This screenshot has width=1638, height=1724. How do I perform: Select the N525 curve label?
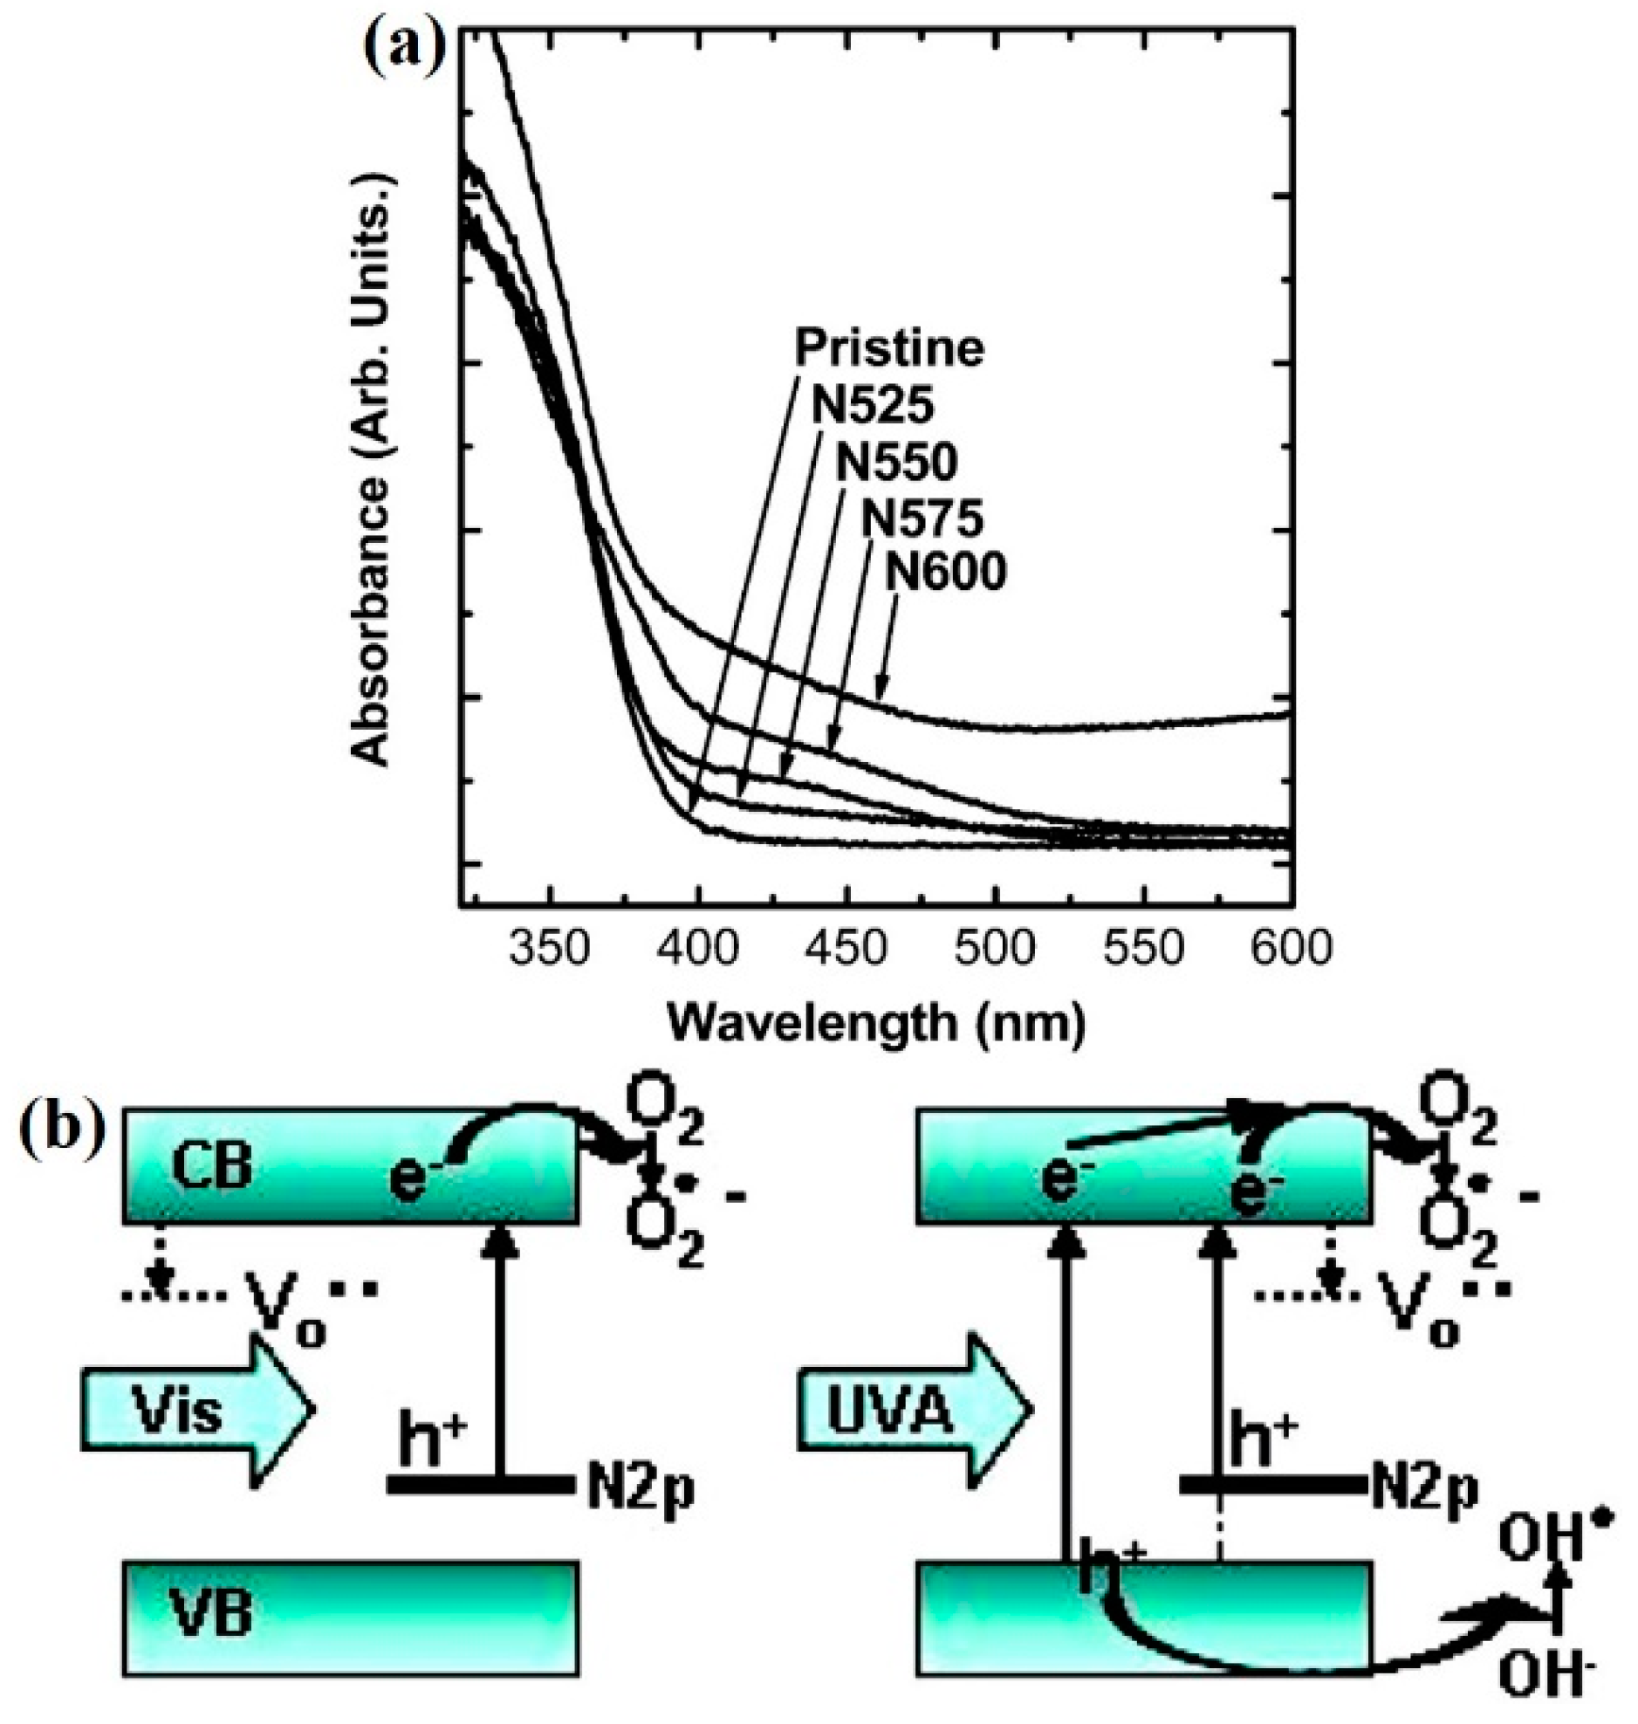[x=874, y=405]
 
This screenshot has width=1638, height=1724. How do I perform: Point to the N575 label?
[x=922, y=519]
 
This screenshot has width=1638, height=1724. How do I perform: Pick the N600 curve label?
[x=946, y=574]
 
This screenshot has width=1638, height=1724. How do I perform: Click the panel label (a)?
[x=403, y=52]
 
